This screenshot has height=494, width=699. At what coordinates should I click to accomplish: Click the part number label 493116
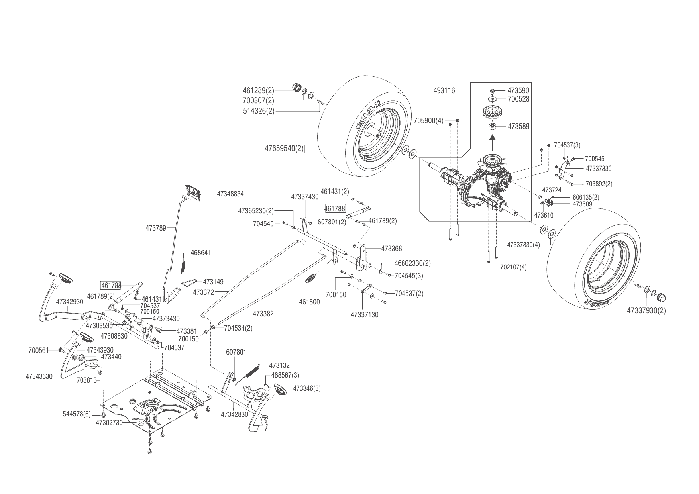pyautogui.click(x=444, y=91)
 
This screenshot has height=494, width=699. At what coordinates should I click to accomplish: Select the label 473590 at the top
pyautogui.click(x=518, y=91)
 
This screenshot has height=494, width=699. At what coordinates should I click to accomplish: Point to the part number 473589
pyautogui.click(x=518, y=127)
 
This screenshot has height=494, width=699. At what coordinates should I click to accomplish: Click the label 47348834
pyautogui.click(x=230, y=194)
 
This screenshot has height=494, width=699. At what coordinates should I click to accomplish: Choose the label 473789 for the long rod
pyautogui.click(x=156, y=228)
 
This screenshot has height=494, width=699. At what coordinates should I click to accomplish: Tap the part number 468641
pyautogui.click(x=200, y=253)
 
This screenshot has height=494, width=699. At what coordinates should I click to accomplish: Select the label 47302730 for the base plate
pyautogui.click(x=109, y=423)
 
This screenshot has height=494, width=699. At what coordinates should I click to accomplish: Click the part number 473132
pyautogui.click(x=279, y=365)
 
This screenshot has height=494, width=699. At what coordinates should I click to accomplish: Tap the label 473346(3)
pyautogui.click(x=307, y=388)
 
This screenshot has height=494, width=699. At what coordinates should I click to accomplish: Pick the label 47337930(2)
pyautogui.click(x=646, y=310)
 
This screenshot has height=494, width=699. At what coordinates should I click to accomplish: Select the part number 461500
pyautogui.click(x=309, y=302)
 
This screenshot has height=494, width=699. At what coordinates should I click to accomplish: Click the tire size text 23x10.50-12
pyautogui.click(x=367, y=116)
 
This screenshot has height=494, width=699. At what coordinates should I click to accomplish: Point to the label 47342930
pyautogui.click(x=69, y=302)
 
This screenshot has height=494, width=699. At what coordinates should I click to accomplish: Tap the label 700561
pyautogui.click(x=38, y=351)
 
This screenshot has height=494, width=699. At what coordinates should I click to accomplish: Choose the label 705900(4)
pyautogui.click(x=428, y=120)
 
